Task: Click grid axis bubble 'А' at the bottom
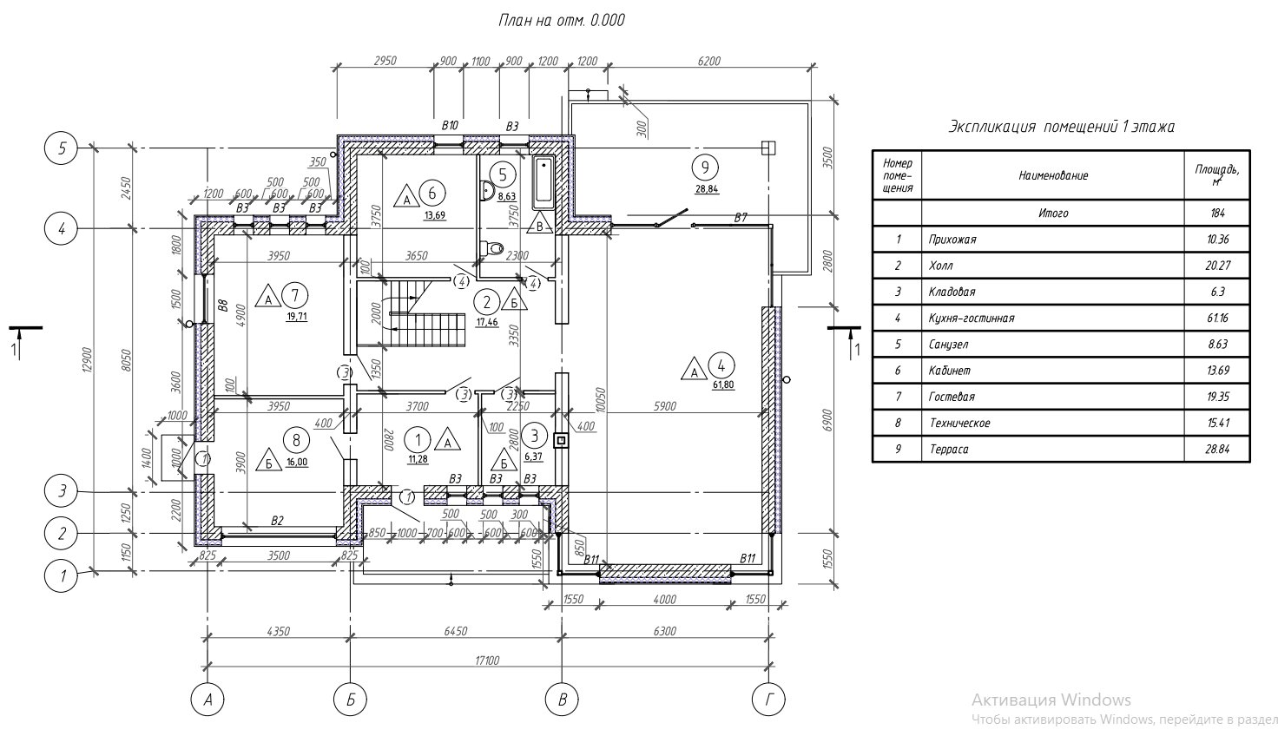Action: pyautogui.click(x=207, y=699)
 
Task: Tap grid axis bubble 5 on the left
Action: pyautogui.click(x=62, y=148)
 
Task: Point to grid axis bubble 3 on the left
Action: pyautogui.click(x=62, y=491)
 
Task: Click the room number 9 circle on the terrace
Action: pyautogui.click(x=705, y=165)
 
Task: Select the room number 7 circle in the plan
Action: pyautogui.click(x=297, y=295)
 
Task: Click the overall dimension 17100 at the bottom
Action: pyautogui.click(x=487, y=660)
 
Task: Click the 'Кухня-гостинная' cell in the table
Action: pyautogui.click(x=971, y=319)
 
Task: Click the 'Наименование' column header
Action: pyautogui.click(x=1053, y=175)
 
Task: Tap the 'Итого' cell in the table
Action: pyautogui.click(x=1053, y=213)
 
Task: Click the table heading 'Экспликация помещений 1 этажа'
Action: pyautogui.click(x=1061, y=128)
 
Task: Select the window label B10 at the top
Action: pyautogui.click(x=450, y=127)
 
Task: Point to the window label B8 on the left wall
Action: pyautogui.click(x=222, y=305)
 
